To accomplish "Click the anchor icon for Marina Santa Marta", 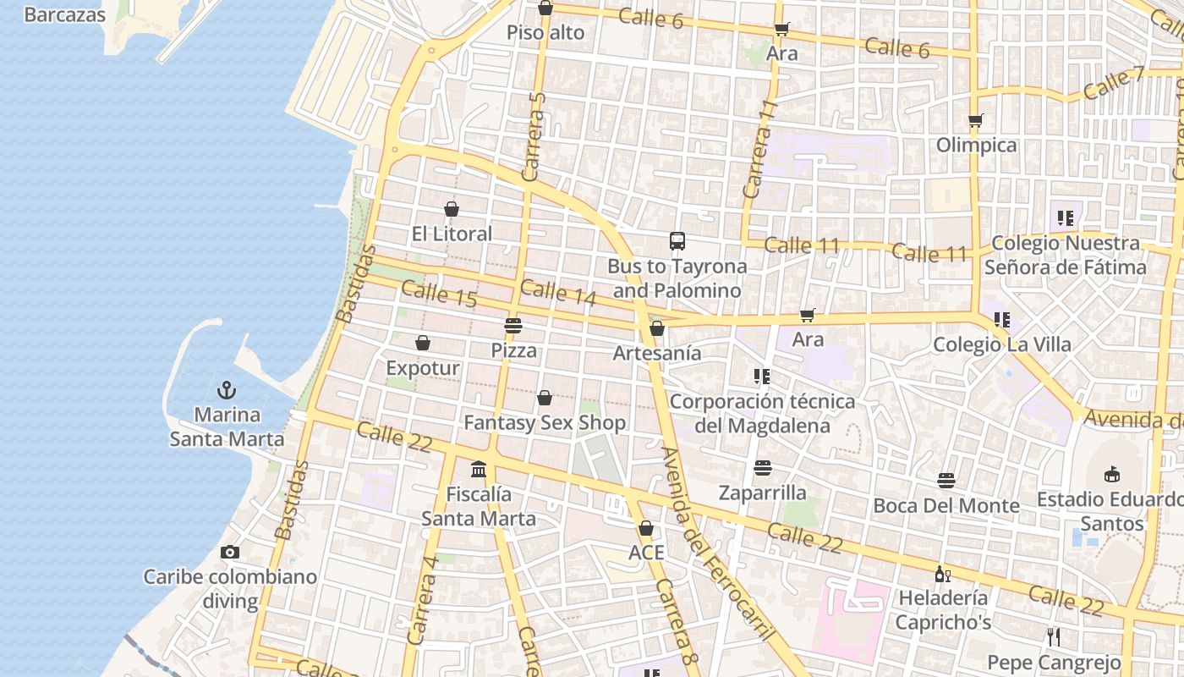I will point(226,390).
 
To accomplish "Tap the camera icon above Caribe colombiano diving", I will point(229,553).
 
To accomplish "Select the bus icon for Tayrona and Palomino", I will point(677,241).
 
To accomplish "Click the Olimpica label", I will point(976,145).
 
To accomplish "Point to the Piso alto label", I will point(545,33).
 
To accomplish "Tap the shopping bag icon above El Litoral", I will point(452,209).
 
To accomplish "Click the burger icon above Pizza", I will point(513,325).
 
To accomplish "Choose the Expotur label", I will point(423,368).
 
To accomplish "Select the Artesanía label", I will point(657,353).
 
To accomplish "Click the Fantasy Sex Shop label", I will point(545,422).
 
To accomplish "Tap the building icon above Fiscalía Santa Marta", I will point(479,469).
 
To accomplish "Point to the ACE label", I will point(646,553).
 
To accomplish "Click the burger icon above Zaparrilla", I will point(762,468).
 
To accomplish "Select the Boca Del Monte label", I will point(946,505).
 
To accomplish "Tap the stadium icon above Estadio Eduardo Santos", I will point(1112,475).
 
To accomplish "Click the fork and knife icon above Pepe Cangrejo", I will point(1054,637).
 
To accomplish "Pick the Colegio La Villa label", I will point(1002,344).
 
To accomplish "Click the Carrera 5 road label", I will point(534,135).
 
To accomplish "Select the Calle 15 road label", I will point(439,294).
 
